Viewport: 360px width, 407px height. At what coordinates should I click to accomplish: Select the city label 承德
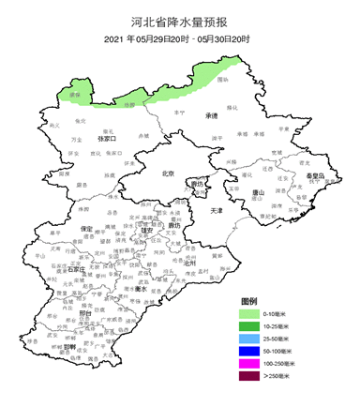click(x=211, y=115)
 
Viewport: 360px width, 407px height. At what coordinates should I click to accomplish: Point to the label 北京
click(x=169, y=173)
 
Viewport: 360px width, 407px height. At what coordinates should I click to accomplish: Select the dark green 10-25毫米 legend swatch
click(x=248, y=326)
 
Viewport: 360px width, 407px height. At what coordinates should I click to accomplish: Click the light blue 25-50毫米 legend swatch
click(x=248, y=339)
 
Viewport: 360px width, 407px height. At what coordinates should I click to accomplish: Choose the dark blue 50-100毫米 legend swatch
click(x=248, y=351)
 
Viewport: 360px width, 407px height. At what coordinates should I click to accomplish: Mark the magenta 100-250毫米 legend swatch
click(x=248, y=363)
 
